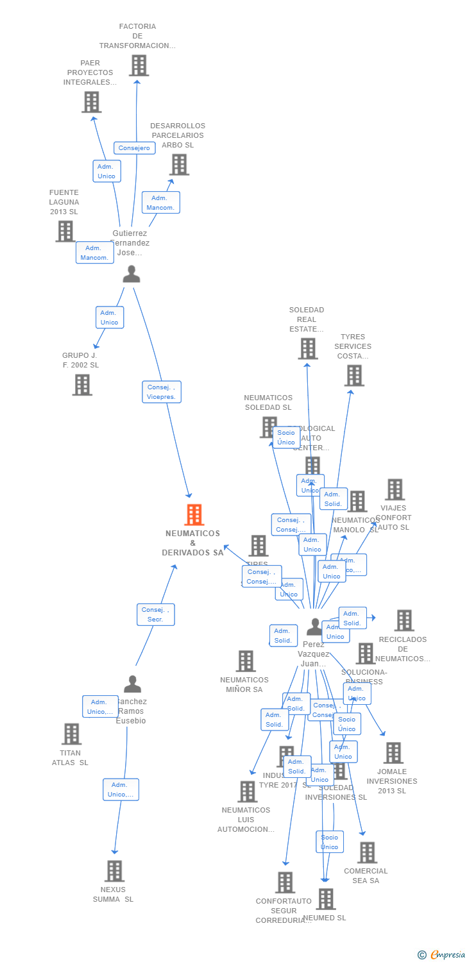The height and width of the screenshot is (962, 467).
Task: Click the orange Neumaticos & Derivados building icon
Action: click(194, 514)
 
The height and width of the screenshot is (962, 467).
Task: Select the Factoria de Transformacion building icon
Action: click(139, 65)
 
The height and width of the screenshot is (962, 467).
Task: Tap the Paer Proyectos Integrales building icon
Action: click(91, 102)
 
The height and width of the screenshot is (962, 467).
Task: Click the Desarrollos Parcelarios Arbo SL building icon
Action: click(179, 165)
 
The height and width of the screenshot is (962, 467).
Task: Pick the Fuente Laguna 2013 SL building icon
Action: click(65, 232)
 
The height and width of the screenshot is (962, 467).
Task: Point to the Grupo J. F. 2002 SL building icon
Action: click(81, 385)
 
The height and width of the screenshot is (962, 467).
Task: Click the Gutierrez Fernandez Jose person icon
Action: click(132, 274)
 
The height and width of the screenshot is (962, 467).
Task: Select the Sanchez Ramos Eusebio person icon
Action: click(132, 684)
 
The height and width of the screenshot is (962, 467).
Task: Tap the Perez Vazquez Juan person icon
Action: click(314, 627)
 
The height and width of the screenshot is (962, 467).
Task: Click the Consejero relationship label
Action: click(135, 148)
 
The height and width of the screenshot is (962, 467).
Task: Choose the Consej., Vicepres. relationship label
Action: click(162, 392)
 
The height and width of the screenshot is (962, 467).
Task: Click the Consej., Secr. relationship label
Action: click(155, 614)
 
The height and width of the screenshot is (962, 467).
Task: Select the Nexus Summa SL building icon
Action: click(115, 871)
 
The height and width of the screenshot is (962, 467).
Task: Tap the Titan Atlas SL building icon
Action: click(71, 734)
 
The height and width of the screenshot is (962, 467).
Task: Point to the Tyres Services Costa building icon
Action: click(354, 376)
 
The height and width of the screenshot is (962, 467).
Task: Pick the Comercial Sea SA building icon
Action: click(367, 853)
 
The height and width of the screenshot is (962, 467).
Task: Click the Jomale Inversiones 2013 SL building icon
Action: click(393, 753)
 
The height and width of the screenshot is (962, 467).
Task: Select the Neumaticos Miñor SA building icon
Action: click(246, 661)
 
